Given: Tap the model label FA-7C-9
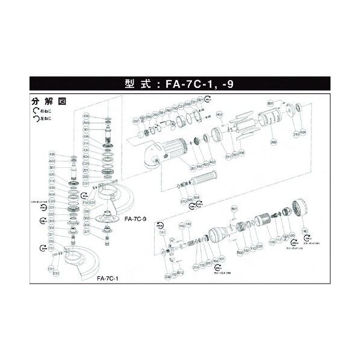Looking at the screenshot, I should click(135, 220).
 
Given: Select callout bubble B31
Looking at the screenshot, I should click(270, 104).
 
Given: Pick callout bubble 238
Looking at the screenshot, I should click(167, 276).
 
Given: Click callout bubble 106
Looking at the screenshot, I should click(272, 242).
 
